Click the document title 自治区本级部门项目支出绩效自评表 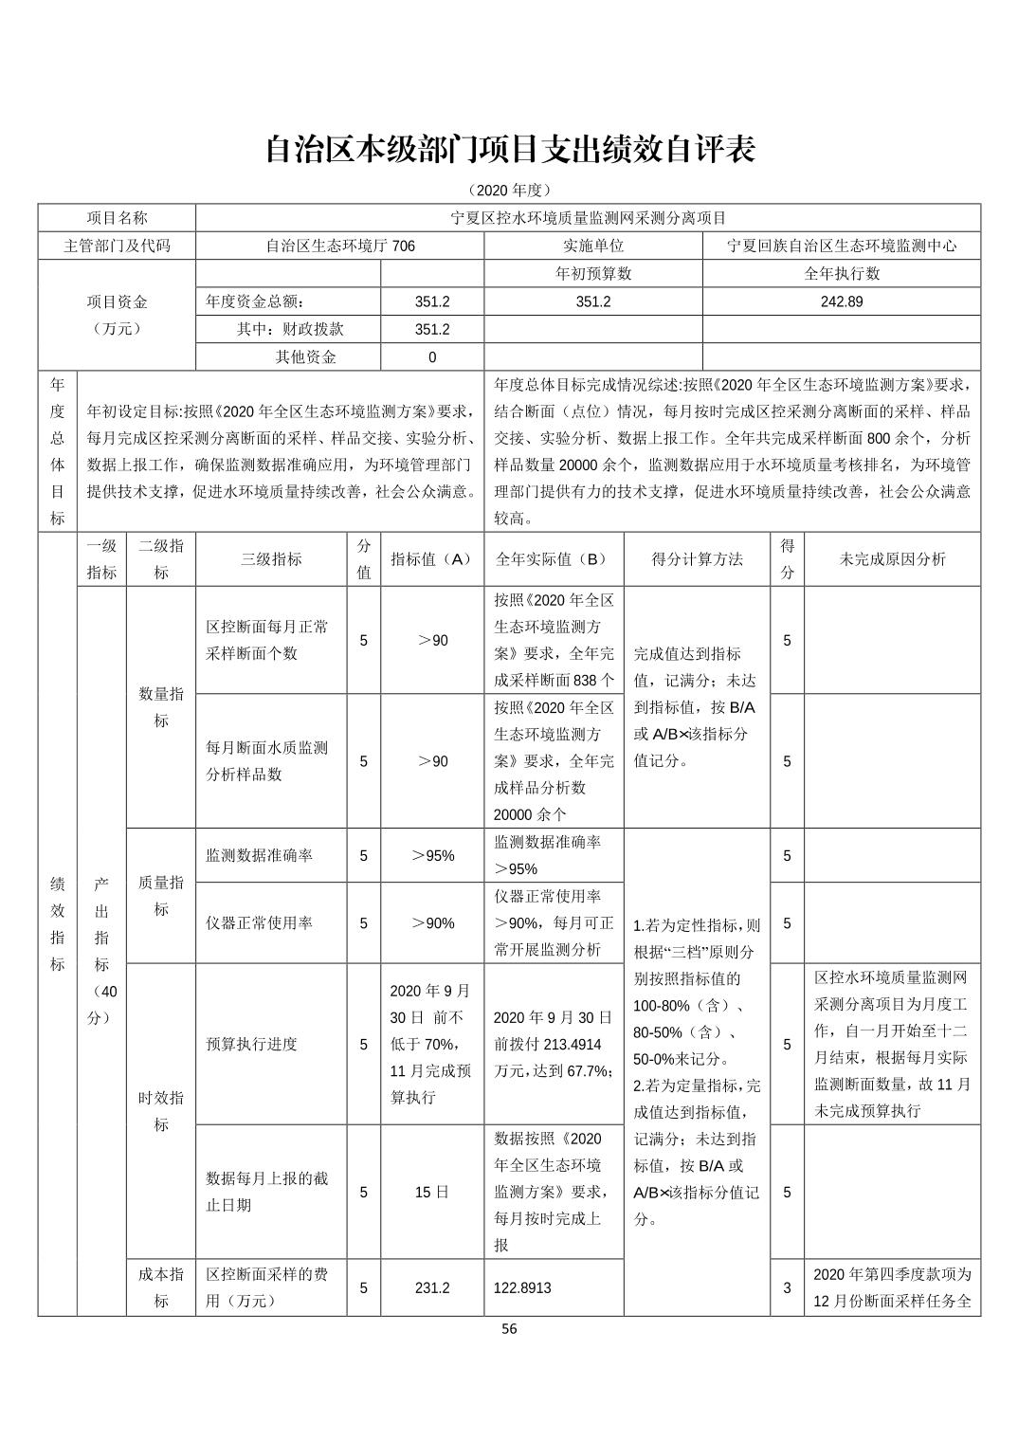[509, 149]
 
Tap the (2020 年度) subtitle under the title [509, 191]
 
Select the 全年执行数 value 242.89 [841, 302]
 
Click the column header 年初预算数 [592, 274]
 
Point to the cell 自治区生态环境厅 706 [339, 246]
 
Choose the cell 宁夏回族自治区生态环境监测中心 [841, 246]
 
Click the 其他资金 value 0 [432, 357]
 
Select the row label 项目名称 [117, 218]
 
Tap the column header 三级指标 [271, 559]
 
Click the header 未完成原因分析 [892, 559]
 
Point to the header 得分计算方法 [697, 559]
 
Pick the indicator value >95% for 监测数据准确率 [432, 855]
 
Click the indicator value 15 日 [432, 1192]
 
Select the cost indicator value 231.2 [432, 1288]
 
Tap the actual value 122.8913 [522, 1288]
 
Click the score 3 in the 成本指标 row [787, 1288]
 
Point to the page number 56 [509, 1329]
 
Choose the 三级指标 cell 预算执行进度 [251, 1044]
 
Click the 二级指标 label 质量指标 [161, 896]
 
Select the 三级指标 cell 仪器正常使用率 [258, 923]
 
